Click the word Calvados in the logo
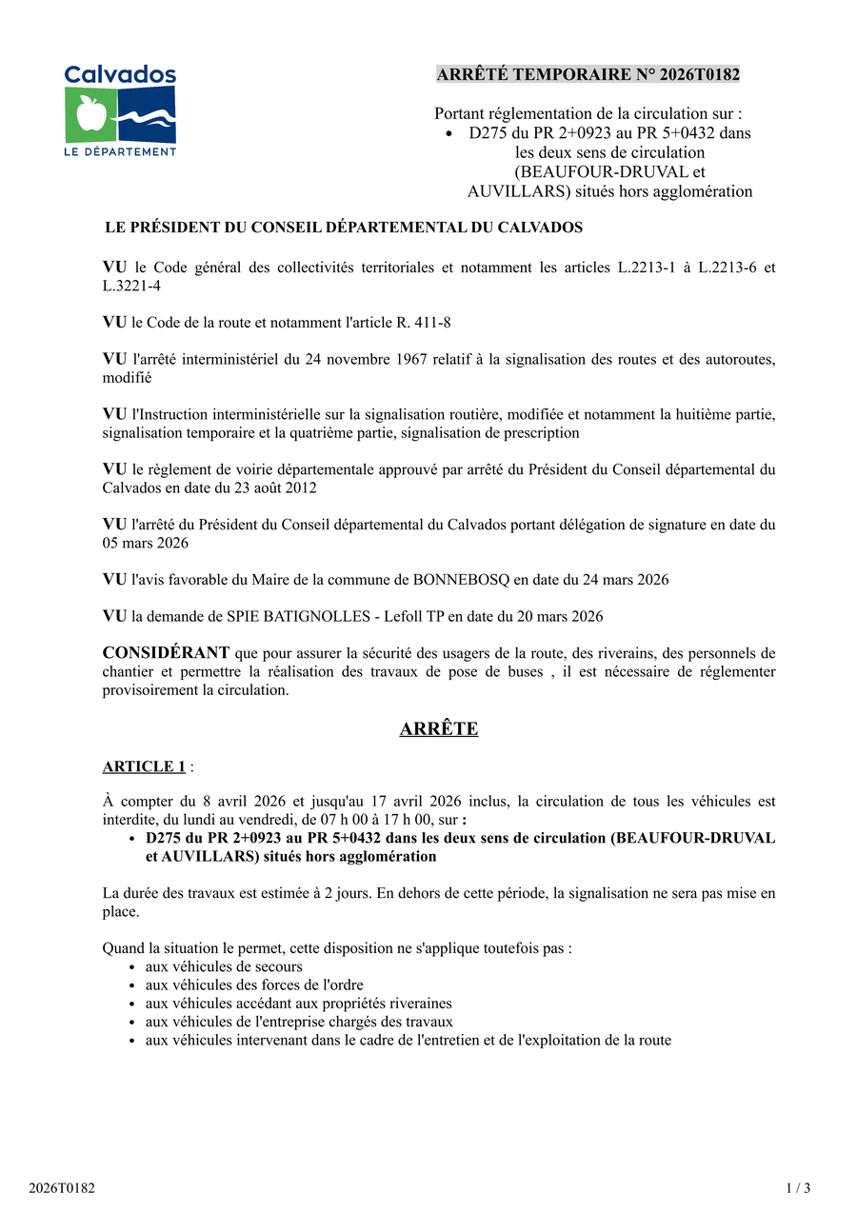point(120,74)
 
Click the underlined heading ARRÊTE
point(438,729)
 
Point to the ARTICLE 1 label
point(144,766)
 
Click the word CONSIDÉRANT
point(166,652)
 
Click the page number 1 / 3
point(798,1187)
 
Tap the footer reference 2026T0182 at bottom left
point(62,1187)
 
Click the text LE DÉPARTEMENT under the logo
point(120,151)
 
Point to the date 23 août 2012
point(268,487)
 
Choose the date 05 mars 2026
point(146,543)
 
